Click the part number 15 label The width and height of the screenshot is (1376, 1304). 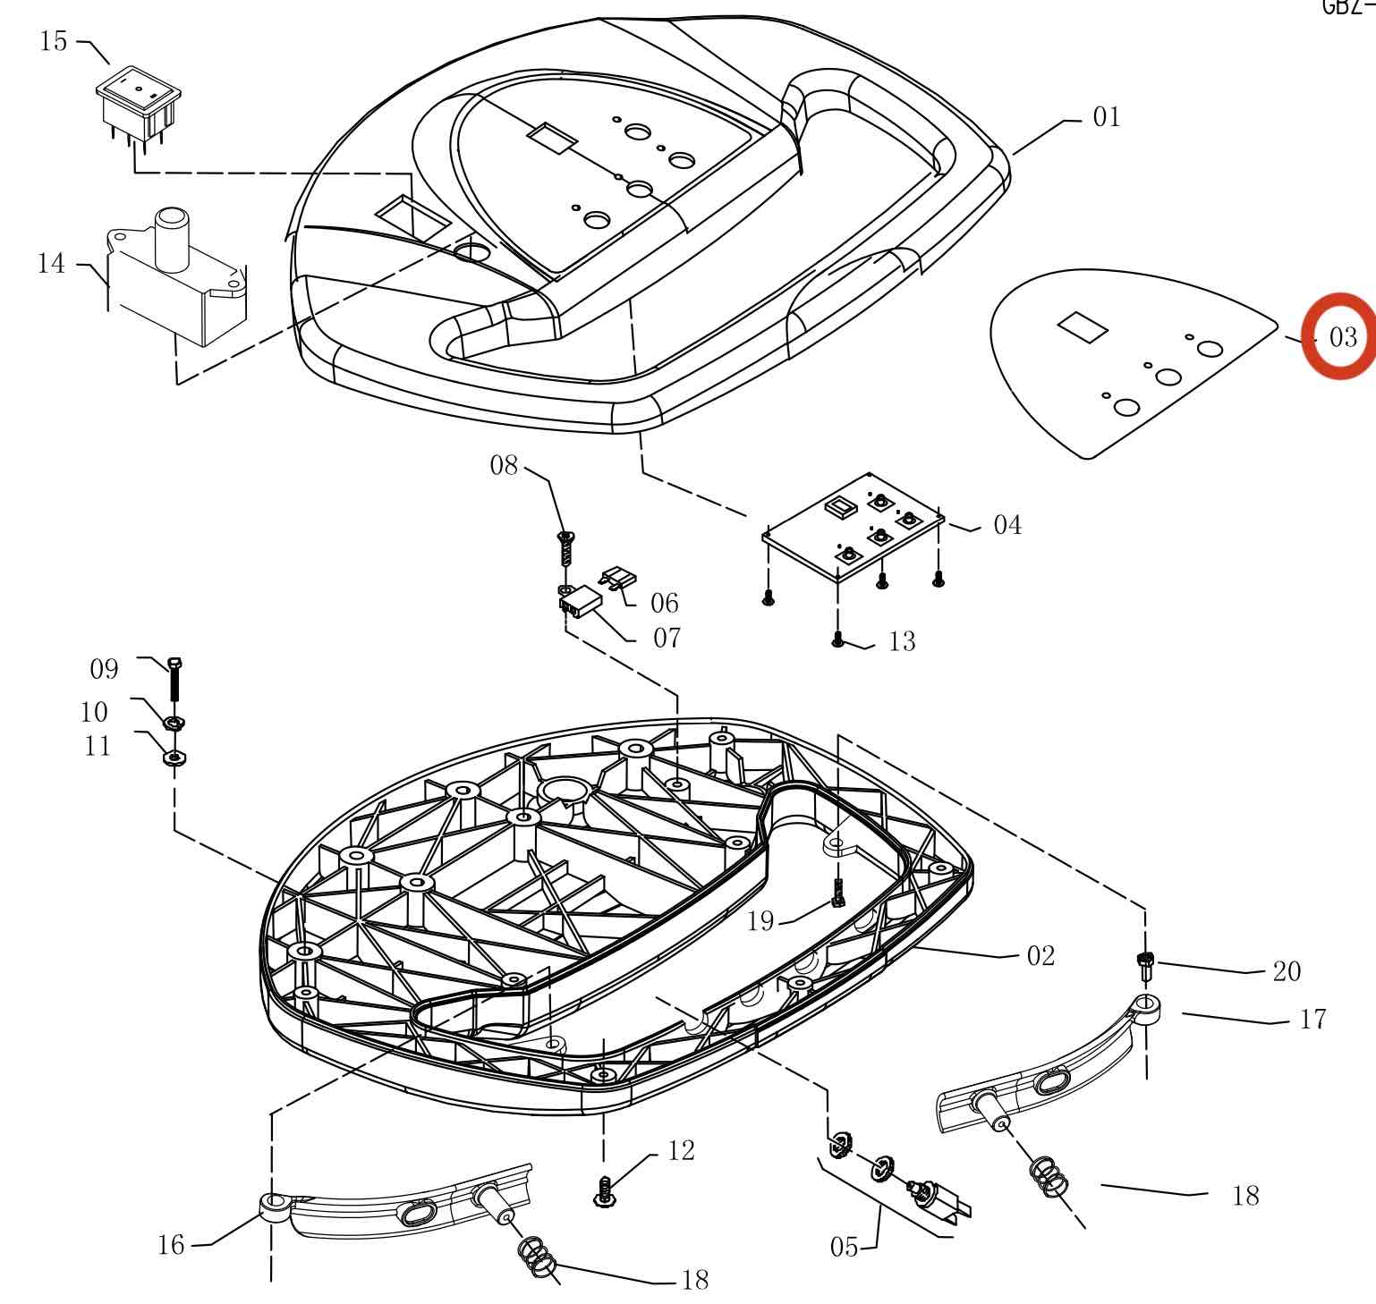[54, 41]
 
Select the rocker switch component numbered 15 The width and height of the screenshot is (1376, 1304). [139, 106]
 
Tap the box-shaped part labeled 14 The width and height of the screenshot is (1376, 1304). [179, 282]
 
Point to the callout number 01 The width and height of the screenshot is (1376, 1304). [1107, 117]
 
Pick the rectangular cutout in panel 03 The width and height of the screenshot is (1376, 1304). [1083, 326]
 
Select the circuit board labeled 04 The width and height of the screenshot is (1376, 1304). [853, 528]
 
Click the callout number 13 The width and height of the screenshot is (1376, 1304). [902, 641]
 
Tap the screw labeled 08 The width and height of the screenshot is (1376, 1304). [565, 546]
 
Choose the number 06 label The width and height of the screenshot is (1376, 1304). [665, 603]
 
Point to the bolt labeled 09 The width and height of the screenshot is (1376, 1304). [175, 680]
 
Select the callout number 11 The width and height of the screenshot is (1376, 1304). [98, 746]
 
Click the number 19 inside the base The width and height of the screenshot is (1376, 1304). [760, 921]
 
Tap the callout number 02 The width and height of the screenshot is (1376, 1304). [1040, 956]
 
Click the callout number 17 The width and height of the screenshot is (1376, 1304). [1312, 1020]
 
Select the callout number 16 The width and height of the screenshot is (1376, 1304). [171, 1244]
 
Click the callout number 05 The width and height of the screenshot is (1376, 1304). [844, 1247]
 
